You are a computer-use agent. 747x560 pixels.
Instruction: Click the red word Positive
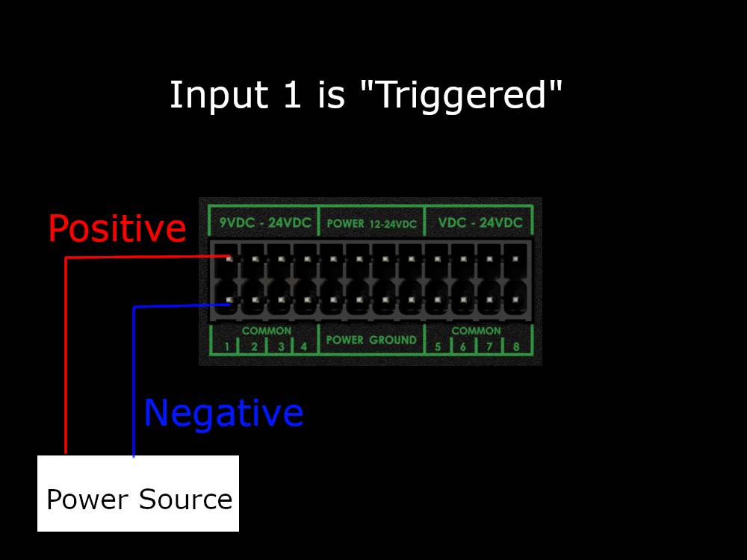tap(117, 228)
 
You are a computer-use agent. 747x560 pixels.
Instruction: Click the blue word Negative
tap(223, 413)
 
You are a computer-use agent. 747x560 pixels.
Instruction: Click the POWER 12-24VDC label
tap(371, 223)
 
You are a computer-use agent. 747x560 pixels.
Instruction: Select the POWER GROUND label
tap(371, 340)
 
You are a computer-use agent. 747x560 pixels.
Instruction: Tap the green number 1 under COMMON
tap(226, 346)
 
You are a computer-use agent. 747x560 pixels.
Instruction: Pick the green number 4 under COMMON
tap(303, 346)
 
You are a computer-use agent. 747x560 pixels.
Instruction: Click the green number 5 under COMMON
tap(438, 346)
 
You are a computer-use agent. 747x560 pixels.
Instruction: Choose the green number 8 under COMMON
tap(515, 346)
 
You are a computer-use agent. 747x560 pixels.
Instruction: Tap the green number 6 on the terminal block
tap(463, 346)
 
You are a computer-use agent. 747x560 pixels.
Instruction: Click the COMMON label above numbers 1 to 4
tap(267, 330)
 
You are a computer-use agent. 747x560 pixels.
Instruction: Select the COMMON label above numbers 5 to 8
tap(476, 330)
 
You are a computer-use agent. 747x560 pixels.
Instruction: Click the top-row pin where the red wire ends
tap(229, 259)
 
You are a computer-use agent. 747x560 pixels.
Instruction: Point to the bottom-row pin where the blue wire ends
tap(229, 301)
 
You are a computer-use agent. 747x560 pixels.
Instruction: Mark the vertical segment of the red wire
tap(66, 358)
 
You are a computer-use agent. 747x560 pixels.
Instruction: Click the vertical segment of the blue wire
tap(134, 381)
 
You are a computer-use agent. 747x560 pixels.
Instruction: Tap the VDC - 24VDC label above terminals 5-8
tap(480, 223)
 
